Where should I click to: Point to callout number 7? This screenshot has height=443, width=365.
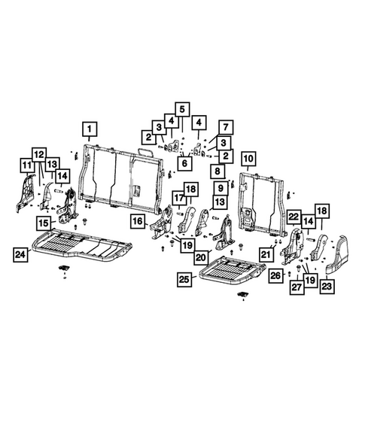point(224,126)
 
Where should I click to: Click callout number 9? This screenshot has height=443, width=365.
point(220,188)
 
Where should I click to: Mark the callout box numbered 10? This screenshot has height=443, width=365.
point(248,159)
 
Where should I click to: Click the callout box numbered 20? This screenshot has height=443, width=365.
point(199,257)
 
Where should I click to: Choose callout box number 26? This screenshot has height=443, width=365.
point(275,275)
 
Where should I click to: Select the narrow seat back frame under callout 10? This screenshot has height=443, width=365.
point(260,202)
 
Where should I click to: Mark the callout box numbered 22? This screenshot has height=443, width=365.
point(294,217)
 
